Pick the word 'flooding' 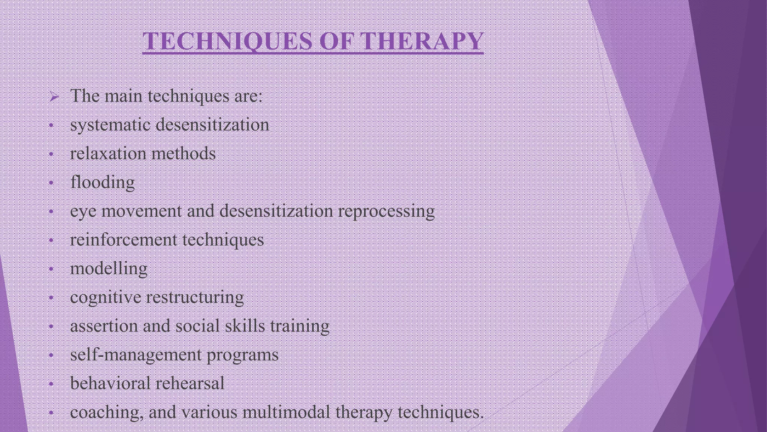coord(102,183)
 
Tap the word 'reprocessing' coord(386,211)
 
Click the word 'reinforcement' coord(123,240)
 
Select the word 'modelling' coord(109,269)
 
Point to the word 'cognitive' coord(106,298)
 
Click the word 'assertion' coord(104,326)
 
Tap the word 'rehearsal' coord(189,383)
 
